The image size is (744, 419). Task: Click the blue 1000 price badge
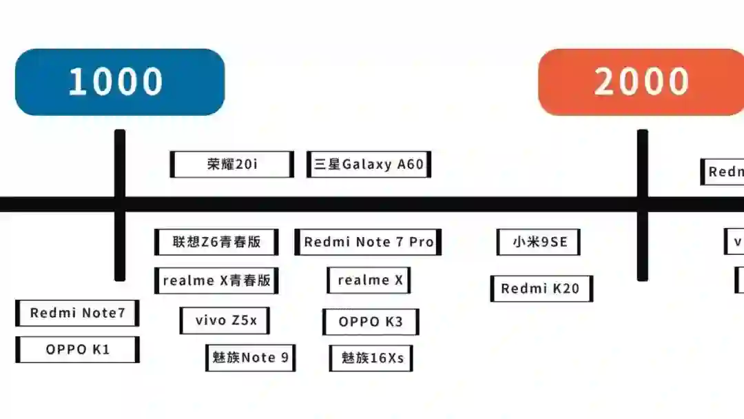[x=119, y=81]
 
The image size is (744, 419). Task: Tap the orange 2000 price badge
[x=641, y=81]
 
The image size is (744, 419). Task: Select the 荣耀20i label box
[x=231, y=164]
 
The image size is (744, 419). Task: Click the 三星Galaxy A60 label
[x=369, y=164]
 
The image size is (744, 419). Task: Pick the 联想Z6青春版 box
[x=216, y=242]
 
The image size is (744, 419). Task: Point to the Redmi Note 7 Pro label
[x=368, y=242]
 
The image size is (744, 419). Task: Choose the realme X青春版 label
[x=216, y=280]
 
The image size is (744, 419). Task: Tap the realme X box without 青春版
[x=369, y=280]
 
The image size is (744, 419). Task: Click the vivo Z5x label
[x=225, y=320]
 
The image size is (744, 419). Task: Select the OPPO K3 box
[x=371, y=322]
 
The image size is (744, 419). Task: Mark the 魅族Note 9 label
[x=250, y=358]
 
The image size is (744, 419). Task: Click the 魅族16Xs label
[x=371, y=358]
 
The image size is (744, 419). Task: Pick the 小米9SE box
[x=538, y=242]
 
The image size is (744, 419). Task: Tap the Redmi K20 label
[x=541, y=289]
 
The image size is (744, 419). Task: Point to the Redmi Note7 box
[x=77, y=313]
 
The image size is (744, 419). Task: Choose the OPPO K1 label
[x=77, y=349]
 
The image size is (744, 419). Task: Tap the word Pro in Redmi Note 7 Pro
[x=421, y=242]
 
